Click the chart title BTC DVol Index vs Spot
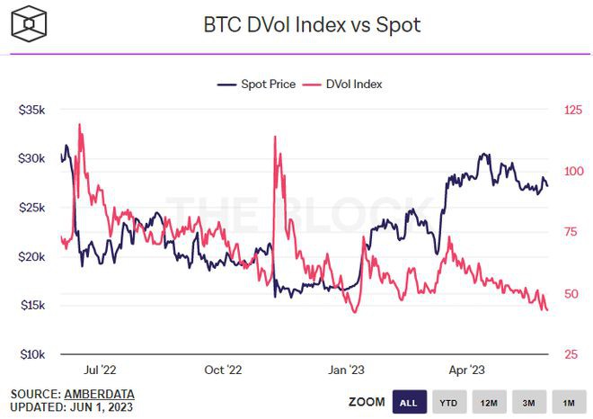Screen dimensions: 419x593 [x=312, y=24]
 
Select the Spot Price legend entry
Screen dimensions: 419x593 [x=255, y=85]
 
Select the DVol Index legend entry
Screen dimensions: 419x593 [x=344, y=85]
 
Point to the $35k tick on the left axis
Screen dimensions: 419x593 [x=32, y=110]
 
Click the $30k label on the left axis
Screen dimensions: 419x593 [x=32, y=159]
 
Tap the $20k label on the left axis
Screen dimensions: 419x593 [x=32, y=257]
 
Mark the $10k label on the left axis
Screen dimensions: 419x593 [x=32, y=355]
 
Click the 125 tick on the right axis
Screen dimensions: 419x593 [x=573, y=110]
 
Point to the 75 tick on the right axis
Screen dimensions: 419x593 [x=571, y=232]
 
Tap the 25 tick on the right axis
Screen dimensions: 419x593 [x=571, y=355]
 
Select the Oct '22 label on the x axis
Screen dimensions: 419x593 [x=223, y=370]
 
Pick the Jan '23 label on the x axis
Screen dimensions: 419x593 [x=345, y=370]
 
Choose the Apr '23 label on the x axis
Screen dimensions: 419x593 [x=466, y=370]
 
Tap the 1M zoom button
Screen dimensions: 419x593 [x=569, y=402]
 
